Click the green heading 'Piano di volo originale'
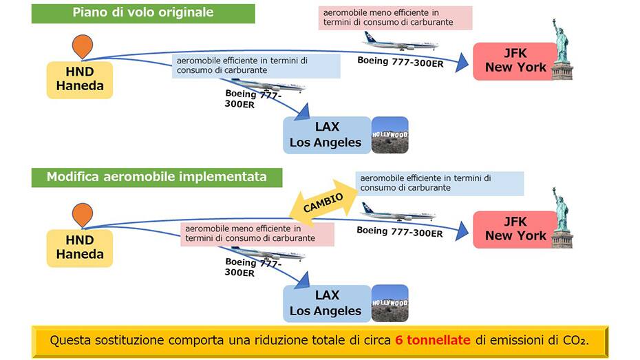click(x=143, y=13)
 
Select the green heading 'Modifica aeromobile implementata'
click(x=157, y=177)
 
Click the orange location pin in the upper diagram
click(x=83, y=45)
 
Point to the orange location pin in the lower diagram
click(x=83, y=215)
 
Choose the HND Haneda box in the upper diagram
click(x=80, y=79)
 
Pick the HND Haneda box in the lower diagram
click(x=80, y=248)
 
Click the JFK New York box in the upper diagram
click(x=515, y=61)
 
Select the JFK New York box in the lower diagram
click(x=515, y=229)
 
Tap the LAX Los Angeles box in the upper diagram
click(x=326, y=136)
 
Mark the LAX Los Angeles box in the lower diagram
click(x=326, y=303)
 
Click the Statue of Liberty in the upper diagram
click(x=562, y=49)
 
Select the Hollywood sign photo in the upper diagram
click(x=390, y=135)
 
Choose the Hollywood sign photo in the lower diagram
click(x=390, y=304)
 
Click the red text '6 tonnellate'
click(x=434, y=341)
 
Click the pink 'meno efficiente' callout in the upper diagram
click(x=396, y=17)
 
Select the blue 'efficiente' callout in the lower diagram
click(x=440, y=183)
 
